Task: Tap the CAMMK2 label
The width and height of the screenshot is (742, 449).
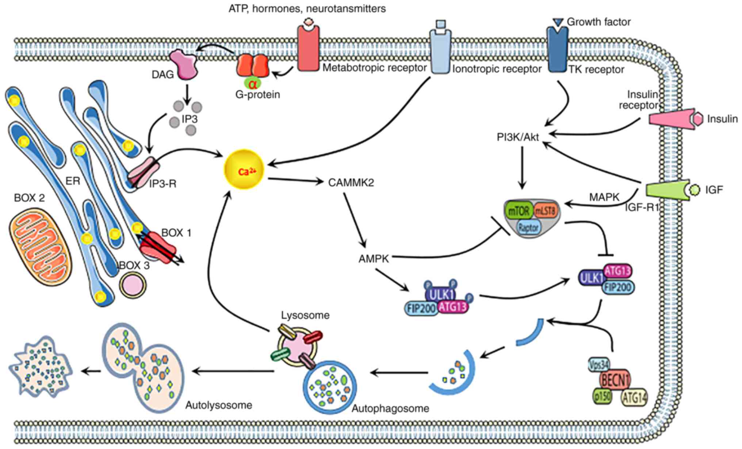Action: pos(351,182)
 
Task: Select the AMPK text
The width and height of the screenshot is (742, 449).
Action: pos(374,259)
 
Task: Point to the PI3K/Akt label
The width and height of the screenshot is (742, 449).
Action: pos(518,137)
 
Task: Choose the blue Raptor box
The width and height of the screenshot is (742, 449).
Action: pos(528,228)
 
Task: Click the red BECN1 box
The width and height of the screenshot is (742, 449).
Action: pos(616,381)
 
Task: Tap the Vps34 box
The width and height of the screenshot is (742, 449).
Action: pos(599,364)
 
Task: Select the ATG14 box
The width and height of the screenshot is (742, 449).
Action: pos(634,398)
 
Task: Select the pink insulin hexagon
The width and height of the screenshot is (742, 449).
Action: pos(698,119)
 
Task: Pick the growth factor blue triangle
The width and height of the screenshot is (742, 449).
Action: pos(558,22)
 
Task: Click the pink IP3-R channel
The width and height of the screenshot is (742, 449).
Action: pos(143,171)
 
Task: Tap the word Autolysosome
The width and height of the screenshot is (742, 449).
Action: pos(219,405)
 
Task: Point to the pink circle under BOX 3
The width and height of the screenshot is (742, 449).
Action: pos(133,285)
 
